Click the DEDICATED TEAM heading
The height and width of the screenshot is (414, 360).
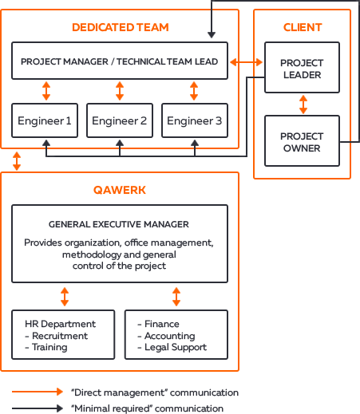pyautogui.click(x=121, y=27)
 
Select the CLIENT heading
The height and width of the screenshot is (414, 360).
pyautogui.click(x=303, y=27)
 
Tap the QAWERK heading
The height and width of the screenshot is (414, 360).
pyautogui.click(x=120, y=190)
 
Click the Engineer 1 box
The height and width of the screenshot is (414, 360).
pyautogui.click(x=45, y=120)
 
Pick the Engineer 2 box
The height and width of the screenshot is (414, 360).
pyautogui.click(x=120, y=120)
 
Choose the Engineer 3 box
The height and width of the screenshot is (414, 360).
pyautogui.click(x=195, y=120)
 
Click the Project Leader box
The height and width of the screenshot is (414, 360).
pyautogui.click(x=302, y=67)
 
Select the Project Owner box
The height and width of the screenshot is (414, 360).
pyautogui.click(x=302, y=140)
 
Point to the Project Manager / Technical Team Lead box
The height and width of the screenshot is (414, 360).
pyautogui.click(x=120, y=61)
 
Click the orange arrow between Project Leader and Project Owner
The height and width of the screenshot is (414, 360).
pyautogui.click(x=303, y=104)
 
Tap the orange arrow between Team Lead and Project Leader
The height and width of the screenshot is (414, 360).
pyautogui.click(x=246, y=62)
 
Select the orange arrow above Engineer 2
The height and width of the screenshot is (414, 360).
pyautogui.click(x=120, y=91)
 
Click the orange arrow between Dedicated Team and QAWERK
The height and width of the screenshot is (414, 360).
pyautogui.click(x=17, y=161)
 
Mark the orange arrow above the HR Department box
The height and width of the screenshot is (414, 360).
pyautogui.click(x=65, y=297)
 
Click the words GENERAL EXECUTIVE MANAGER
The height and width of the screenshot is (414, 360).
pyautogui.click(x=119, y=224)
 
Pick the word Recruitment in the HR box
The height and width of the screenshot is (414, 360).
pyautogui.click(x=60, y=336)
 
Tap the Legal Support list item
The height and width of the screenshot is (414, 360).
pyautogui.click(x=176, y=347)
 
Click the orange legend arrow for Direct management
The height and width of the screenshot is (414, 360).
pyautogui.click(x=38, y=392)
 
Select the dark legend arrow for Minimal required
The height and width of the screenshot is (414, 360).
pyautogui.click(x=38, y=408)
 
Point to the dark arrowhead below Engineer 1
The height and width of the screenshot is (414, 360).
pyautogui.click(x=46, y=143)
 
